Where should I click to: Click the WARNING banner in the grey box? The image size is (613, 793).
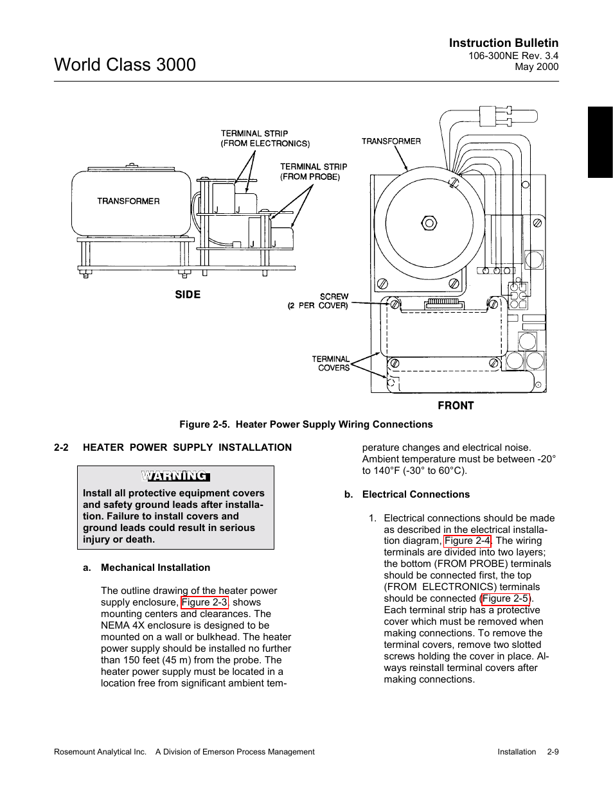pyautogui.click(x=175, y=476)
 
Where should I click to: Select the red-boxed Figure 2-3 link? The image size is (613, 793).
pyautogui.click(x=204, y=602)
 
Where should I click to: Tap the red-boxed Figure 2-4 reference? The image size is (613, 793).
pyautogui.click(x=467, y=541)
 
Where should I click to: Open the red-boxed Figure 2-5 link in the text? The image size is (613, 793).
pyautogui.click(x=506, y=598)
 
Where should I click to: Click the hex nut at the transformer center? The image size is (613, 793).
pyautogui.click(x=429, y=223)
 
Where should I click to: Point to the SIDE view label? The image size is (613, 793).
pyautogui.click(x=188, y=295)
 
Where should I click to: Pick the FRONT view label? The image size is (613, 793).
pyautogui.click(x=456, y=405)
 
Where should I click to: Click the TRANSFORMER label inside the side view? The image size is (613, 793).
pyautogui.click(x=128, y=201)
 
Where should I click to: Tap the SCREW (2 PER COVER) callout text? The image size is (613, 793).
pyautogui.click(x=318, y=301)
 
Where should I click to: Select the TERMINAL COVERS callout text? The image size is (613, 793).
pyautogui.click(x=331, y=363)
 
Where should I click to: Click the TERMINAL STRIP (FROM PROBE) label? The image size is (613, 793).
pyautogui.click(x=314, y=172)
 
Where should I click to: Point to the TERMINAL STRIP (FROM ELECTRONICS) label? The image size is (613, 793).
pyautogui.click(x=265, y=139)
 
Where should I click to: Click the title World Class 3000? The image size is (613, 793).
pyautogui.click(x=125, y=65)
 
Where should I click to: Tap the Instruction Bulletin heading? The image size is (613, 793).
pyautogui.click(x=504, y=43)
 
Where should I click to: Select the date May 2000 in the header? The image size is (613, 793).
pyautogui.click(x=537, y=67)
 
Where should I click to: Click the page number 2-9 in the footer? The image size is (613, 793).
pyautogui.click(x=553, y=752)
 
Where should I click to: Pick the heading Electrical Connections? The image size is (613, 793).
pyautogui.click(x=416, y=494)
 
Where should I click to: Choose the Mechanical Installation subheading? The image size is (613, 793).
pyautogui.click(x=155, y=568)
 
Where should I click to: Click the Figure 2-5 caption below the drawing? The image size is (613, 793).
pyautogui.click(x=306, y=424)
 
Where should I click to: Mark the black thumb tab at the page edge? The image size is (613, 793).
pyautogui.click(x=600, y=142)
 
